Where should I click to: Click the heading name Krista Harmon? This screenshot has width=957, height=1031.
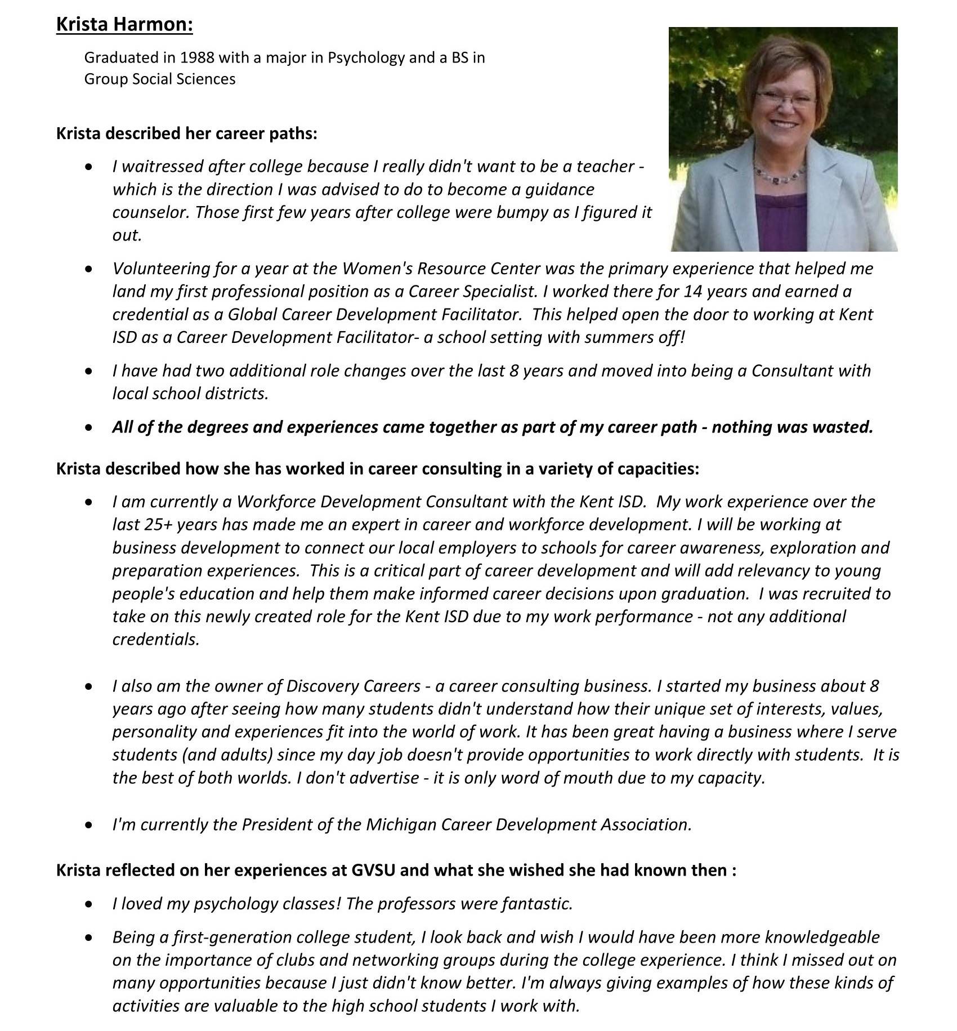click(x=124, y=25)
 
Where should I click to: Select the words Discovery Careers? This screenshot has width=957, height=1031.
click(x=354, y=686)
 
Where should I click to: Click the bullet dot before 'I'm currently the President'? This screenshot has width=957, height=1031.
click(x=88, y=825)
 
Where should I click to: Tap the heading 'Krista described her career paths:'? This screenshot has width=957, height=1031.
click(x=186, y=134)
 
